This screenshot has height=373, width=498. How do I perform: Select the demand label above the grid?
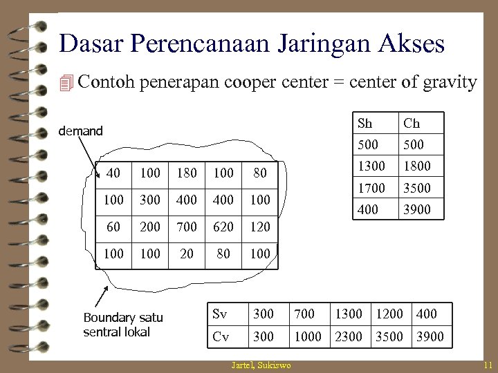point(80,131)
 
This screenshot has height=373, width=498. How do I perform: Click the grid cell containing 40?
point(113,173)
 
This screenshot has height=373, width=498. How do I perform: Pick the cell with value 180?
point(186,173)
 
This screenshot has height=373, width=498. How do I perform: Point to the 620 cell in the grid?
point(223,227)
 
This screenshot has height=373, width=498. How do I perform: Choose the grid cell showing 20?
point(186,254)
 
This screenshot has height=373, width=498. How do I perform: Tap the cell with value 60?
point(113,227)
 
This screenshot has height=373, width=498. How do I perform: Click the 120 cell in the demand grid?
point(260,227)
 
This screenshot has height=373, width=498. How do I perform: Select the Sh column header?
point(365,124)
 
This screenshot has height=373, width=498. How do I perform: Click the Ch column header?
point(412,124)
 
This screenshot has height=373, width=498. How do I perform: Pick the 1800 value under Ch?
point(416,166)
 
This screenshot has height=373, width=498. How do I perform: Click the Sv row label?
point(220,314)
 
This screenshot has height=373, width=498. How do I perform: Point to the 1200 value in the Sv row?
point(389,314)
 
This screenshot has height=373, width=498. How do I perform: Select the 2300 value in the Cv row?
point(349,336)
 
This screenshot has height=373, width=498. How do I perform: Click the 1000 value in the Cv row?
point(308,336)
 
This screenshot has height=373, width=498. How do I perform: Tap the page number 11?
point(488,365)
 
